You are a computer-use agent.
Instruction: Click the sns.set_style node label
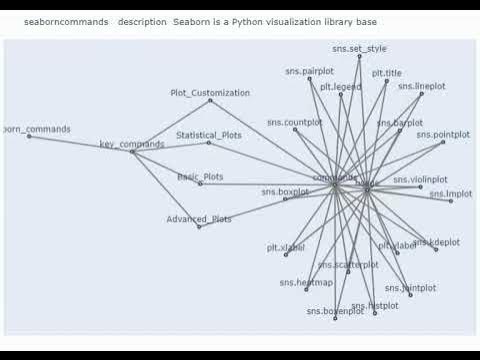click(x=359, y=48)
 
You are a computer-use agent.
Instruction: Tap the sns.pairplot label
click(x=309, y=72)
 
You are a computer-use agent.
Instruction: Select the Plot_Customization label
click(x=209, y=93)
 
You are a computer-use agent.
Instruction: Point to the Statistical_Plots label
click(x=208, y=135)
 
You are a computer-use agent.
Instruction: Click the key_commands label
click(x=132, y=145)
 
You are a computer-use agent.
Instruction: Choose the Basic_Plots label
click(x=200, y=177)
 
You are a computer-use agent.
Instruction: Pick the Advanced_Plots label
click(x=199, y=219)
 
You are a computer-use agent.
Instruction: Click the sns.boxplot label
click(x=285, y=191)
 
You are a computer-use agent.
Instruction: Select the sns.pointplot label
click(x=442, y=134)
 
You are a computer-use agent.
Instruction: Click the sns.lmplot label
click(x=450, y=193)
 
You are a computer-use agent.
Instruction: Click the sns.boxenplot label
click(x=336, y=312)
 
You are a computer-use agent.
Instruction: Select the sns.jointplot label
click(x=410, y=288)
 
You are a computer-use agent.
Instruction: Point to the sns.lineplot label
click(x=421, y=86)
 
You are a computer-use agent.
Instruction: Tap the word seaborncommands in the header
click(x=66, y=20)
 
